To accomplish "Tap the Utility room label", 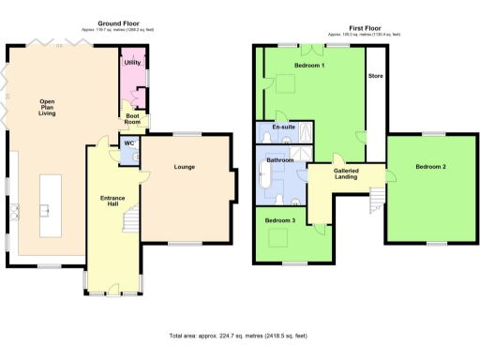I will [x=132, y=63].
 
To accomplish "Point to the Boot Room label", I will [x=133, y=119].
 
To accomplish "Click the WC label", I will [x=128, y=143].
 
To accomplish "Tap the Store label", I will [x=375, y=75].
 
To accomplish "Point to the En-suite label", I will [x=283, y=127].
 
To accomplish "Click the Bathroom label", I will [x=280, y=160].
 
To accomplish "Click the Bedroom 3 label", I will [x=279, y=220].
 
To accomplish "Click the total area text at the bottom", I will [x=238, y=335].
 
